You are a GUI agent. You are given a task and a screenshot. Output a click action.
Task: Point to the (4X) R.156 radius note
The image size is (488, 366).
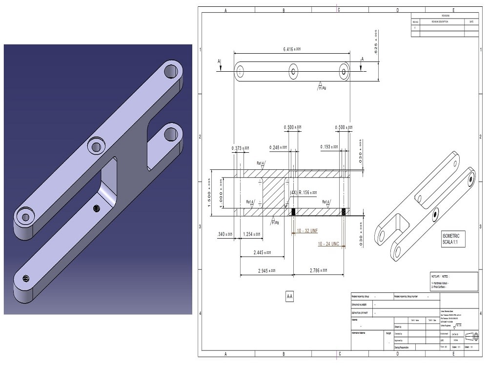coord(304,192)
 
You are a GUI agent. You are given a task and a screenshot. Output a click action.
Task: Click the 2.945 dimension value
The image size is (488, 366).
coord(264,270)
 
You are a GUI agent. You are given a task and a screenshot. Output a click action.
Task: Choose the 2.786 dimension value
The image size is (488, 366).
coord(317,270)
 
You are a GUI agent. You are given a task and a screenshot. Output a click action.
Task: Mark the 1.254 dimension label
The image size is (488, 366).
coord(252,235)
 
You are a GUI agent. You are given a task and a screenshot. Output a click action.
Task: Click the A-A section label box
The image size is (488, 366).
coord(289,296)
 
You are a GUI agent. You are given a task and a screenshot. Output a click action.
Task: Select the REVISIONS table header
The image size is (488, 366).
coord(445,16)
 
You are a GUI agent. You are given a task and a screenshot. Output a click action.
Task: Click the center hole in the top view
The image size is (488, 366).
coord(293,72)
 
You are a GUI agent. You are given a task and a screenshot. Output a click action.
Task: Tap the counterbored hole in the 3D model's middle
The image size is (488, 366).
coord(96,145)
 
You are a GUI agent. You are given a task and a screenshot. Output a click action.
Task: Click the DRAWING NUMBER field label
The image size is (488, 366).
coord(362,304)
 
